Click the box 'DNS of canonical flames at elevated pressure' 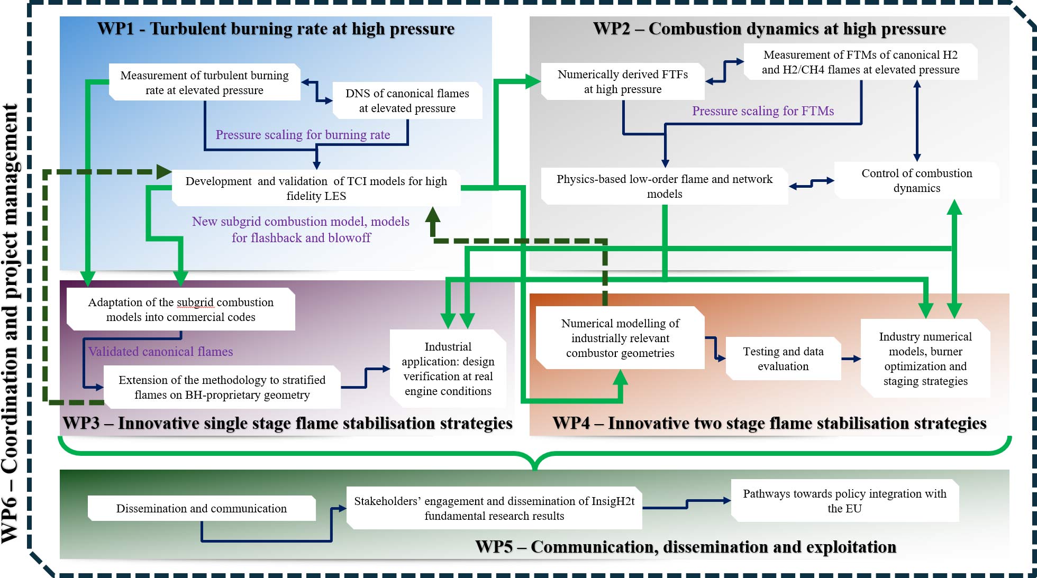[407, 100]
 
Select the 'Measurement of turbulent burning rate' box [205, 82]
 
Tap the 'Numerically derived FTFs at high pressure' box [623, 81]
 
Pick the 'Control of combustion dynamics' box [917, 180]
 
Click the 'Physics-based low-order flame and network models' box [665, 186]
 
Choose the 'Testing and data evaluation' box [783, 359]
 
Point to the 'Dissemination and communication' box [202, 508]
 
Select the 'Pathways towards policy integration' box [845, 501]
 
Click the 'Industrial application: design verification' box [448, 369]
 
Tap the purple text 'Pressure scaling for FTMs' [763, 111]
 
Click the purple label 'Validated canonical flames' [160, 352]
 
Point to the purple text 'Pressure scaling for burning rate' [303, 135]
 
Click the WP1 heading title [276, 29]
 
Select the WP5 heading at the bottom [686, 547]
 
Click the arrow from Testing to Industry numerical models [851, 359]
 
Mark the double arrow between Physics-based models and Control [811, 183]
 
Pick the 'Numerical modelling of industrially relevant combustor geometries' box [620, 338]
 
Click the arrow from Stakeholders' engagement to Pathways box [687, 504]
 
